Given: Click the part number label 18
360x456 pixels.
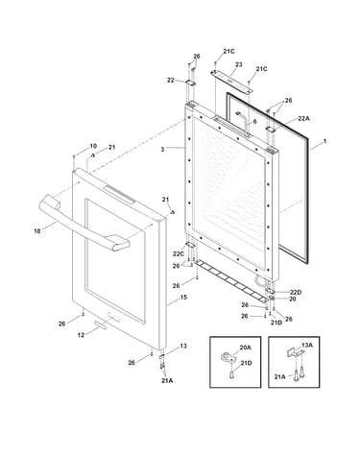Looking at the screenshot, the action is (x=37, y=230).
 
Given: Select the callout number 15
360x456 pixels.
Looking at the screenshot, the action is (x=183, y=298).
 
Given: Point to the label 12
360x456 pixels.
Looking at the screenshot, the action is (x=81, y=335).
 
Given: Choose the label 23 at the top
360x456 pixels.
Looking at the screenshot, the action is (x=239, y=64).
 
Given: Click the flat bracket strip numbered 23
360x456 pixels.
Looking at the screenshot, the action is (x=231, y=82).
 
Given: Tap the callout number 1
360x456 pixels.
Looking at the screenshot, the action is (x=324, y=141).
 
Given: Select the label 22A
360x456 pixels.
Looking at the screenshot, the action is (x=303, y=119).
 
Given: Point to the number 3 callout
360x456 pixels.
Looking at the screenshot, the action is (x=162, y=149).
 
